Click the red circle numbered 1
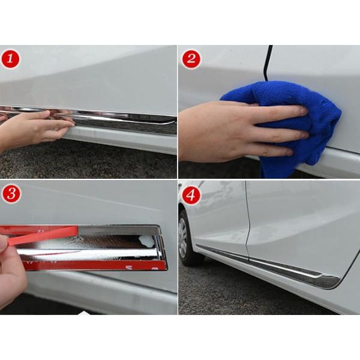tap(10, 59)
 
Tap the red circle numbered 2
tap(191, 59)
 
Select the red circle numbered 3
tap(11, 194)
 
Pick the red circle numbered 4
tap(191, 196)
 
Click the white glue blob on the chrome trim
tap(146, 241)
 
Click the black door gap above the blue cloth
tap(268, 63)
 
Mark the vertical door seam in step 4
tap(247, 220)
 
